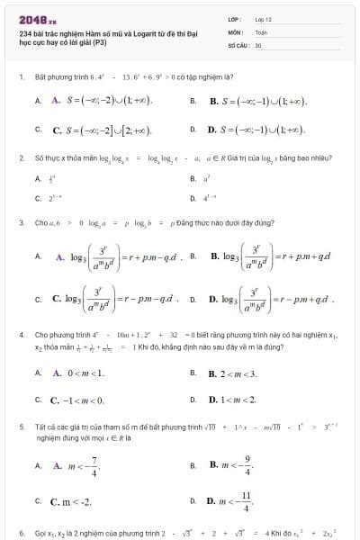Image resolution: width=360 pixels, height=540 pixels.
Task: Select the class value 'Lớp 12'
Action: (264, 18)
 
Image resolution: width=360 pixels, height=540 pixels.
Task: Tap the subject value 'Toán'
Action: (261, 31)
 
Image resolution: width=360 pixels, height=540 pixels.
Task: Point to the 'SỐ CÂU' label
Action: (238, 43)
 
